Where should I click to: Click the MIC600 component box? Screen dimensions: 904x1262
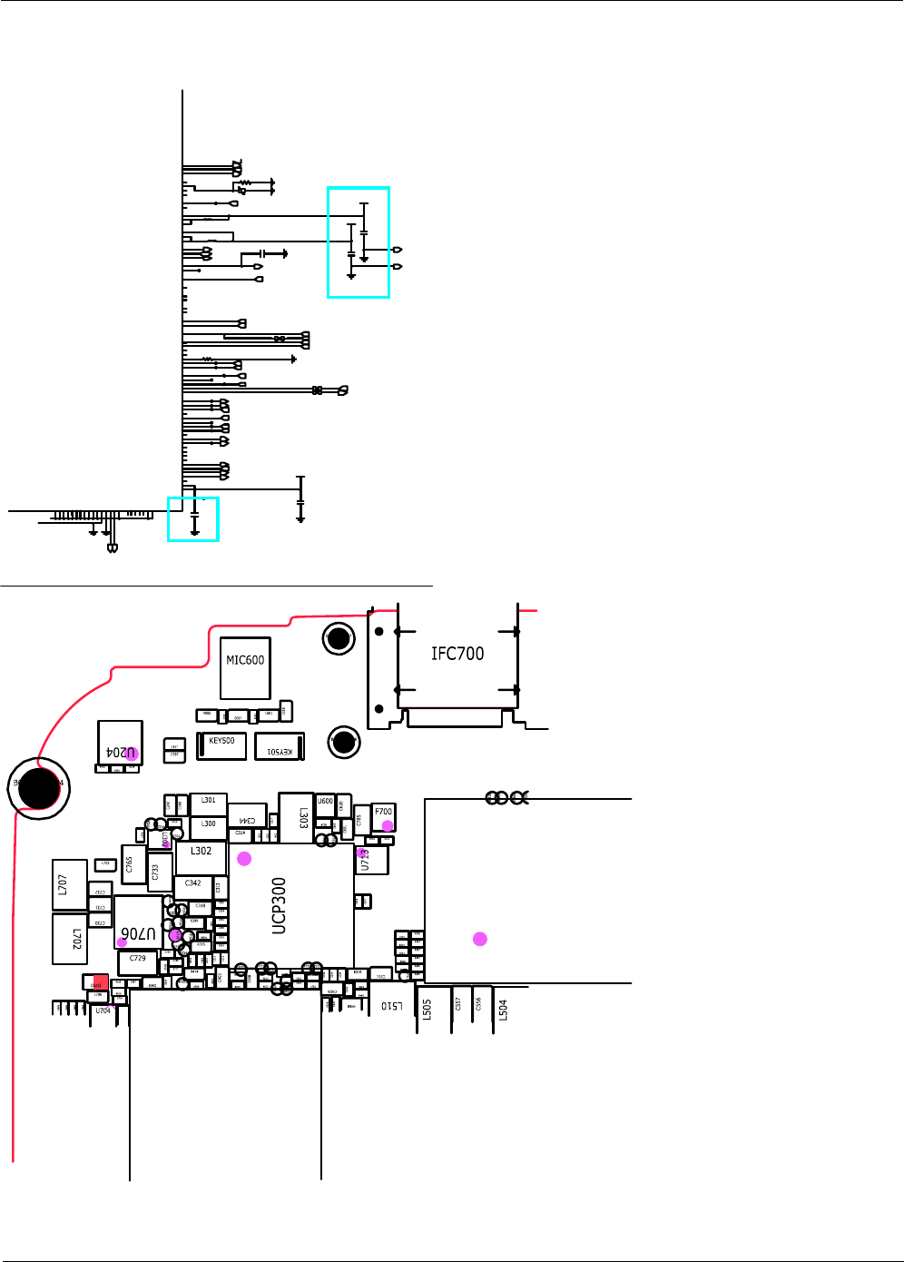245,667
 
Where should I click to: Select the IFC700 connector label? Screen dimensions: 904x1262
457,654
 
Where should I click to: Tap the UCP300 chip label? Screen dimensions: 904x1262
280,905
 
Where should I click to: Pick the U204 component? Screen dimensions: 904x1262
120,744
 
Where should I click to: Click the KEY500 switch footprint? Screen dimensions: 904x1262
221,745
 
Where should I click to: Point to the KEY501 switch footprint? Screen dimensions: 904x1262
280,746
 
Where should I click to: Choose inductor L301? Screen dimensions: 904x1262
208,804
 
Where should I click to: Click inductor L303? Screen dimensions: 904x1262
296,817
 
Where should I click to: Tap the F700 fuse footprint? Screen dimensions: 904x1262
384,816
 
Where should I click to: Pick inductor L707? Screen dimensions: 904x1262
70,884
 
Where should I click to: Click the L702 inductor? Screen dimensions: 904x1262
70,939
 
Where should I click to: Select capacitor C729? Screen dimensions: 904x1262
137,962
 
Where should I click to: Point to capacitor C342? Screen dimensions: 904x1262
193,886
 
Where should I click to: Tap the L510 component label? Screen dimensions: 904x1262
391,1005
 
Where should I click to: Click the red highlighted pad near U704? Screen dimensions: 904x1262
100,981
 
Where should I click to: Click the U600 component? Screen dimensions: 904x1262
325,804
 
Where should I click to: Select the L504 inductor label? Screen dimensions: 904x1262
503,1010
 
